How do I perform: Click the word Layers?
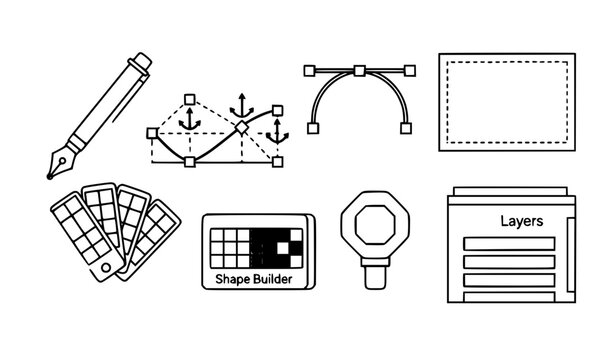521,222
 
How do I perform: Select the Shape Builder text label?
255,280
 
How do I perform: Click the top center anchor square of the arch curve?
359,70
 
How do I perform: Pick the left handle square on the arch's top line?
310,70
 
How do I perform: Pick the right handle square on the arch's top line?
408,70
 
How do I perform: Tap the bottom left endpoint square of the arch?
313,128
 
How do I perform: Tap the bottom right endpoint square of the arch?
405,128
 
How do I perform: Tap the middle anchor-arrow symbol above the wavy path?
240,106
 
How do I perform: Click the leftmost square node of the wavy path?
151,132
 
